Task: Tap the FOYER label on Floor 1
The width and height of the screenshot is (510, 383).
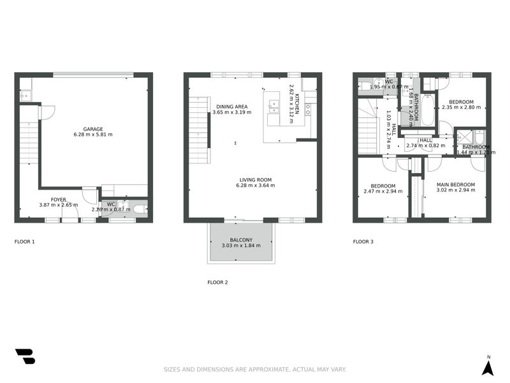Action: pyautogui.click(x=59, y=199)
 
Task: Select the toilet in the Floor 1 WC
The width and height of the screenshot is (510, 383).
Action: pyautogui.click(x=139, y=209)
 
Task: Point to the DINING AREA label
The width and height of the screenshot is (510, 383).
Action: pyautogui.click(x=231, y=107)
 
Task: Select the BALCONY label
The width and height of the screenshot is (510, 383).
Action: pyautogui.click(x=241, y=239)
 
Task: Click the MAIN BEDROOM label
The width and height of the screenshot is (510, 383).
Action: pyautogui.click(x=455, y=184)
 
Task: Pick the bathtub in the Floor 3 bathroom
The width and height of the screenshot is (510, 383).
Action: pyautogui.click(x=428, y=109)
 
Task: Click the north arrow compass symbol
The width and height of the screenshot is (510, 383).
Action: pyautogui.click(x=488, y=366)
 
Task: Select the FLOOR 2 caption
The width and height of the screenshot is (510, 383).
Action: pyautogui.click(x=217, y=282)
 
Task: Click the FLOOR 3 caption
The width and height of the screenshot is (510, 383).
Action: pyautogui.click(x=363, y=242)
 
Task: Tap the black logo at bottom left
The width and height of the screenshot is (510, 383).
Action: pyautogui.click(x=25, y=356)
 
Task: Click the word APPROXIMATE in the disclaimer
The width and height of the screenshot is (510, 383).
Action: pyautogui.click(x=266, y=370)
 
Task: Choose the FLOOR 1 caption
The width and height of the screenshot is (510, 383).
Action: pyautogui.click(x=25, y=242)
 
